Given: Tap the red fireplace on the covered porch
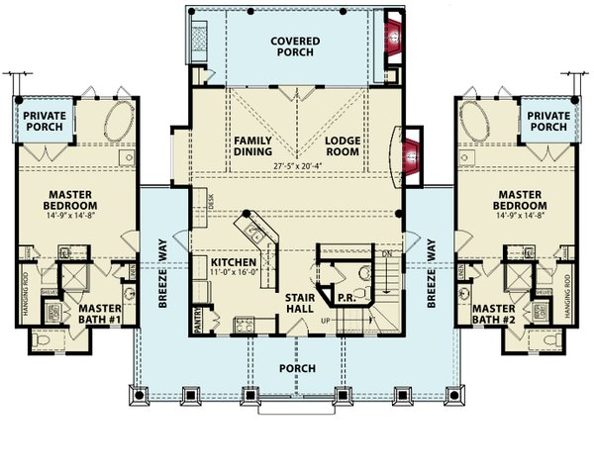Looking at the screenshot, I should (x=393, y=38).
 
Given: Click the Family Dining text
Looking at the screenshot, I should (x=252, y=146).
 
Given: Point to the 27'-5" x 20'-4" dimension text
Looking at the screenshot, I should (x=297, y=166).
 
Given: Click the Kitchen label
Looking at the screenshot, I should (x=233, y=262).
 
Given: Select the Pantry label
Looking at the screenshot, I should (x=198, y=320).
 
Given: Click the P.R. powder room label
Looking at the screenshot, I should (x=346, y=296).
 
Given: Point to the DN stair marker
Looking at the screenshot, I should (x=386, y=254).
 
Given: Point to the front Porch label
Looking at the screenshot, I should (x=297, y=368).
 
